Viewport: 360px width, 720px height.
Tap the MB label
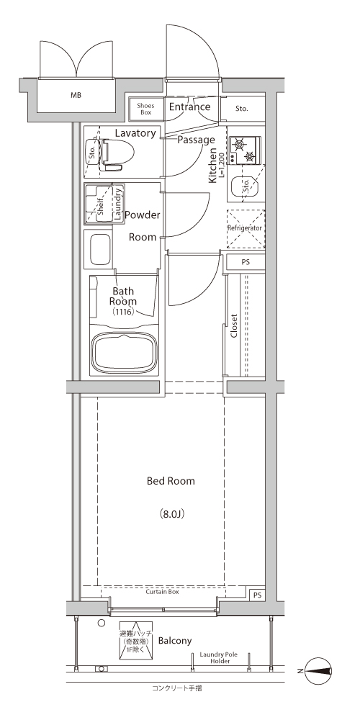pos(76,96)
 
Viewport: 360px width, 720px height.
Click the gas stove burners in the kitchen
pos(245,150)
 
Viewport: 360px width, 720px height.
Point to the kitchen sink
pos(245,187)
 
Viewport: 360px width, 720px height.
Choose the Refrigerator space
pos(246,228)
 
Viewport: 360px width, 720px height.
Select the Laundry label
pos(117,204)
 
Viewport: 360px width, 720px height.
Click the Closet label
pos(234,325)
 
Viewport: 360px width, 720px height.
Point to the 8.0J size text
pos(172,513)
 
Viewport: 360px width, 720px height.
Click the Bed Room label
pos(171,481)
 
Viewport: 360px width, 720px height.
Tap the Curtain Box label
pos(162,592)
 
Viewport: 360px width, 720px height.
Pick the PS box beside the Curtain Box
pos(257,595)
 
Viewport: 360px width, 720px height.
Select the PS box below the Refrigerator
pos(246,263)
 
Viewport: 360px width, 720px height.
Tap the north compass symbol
pos(318,671)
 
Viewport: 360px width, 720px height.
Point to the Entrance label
pos(189,107)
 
